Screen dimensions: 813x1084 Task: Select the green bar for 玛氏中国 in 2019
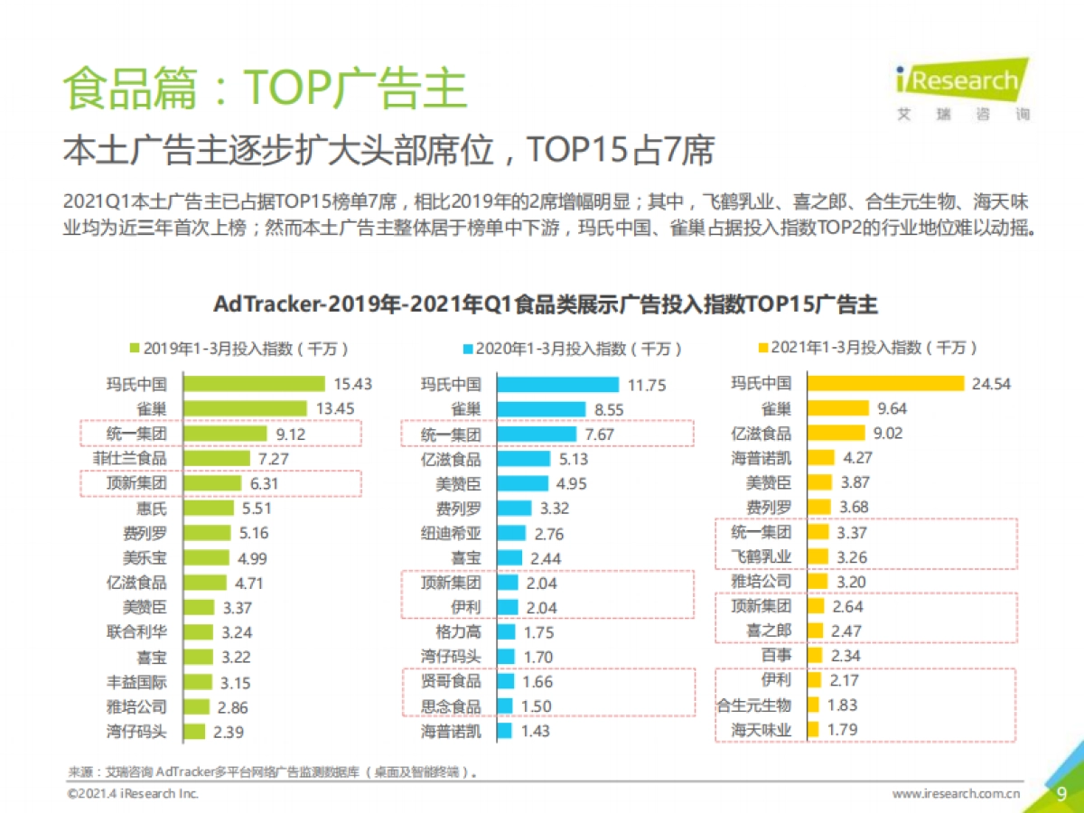pyautogui.click(x=254, y=384)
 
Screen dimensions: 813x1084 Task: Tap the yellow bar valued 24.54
pyautogui.click(x=885, y=383)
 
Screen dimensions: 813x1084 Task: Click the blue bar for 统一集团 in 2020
pyautogui.click(x=536, y=435)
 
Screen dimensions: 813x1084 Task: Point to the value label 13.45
pyautogui.click(x=335, y=409)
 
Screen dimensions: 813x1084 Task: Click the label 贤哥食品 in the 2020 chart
pyautogui.click(x=451, y=681)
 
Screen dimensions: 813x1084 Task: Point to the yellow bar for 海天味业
pyautogui.click(x=813, y=729)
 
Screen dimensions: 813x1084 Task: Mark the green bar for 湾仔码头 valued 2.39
pyautogui.click(x=195, y=732)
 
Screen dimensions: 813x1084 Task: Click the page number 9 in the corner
pyautogui.click(x=1062, y=793)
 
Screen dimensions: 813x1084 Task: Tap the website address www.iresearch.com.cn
pyautogui.click(x=957, y=794)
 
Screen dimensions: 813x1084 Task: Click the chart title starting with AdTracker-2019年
pyautogui.click(x=545, y=304)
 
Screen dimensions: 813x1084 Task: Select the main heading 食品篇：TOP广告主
pyautogui.click(x=264, y=89)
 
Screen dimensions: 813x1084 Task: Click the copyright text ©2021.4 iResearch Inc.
pyautogui.click(x=133, y=794)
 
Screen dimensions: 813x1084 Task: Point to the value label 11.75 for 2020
pyautogui.click(x=647, y=385)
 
